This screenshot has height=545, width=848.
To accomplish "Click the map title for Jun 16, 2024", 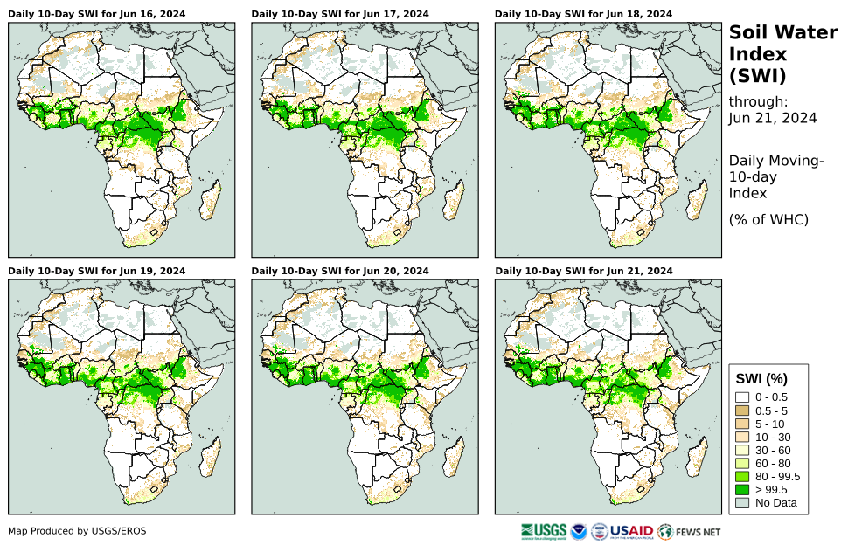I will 97,14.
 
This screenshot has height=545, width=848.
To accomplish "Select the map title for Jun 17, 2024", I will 340,14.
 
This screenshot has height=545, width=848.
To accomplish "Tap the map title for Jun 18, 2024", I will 583,14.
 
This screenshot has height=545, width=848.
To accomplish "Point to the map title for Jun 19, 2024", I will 97,271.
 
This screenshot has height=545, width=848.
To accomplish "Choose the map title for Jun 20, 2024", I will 340,271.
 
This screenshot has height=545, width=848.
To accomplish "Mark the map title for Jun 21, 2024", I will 583,271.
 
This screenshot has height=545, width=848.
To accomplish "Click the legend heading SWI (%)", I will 762,378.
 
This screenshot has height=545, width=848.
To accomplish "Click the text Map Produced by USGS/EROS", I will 77,531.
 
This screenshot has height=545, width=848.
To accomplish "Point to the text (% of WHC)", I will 768,219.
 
